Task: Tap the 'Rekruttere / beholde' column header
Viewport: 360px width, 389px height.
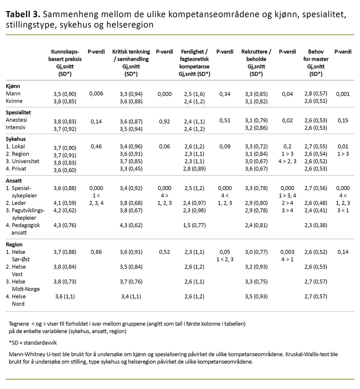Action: (x=256, y=59)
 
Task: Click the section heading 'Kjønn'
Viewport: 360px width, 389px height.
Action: (x=13, y=86)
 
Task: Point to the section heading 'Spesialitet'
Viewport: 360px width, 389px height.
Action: (x=19, y=113)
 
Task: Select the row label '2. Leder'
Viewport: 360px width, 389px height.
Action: (x=17, y=203)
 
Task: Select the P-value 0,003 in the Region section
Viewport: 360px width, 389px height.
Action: (x=287, y=251)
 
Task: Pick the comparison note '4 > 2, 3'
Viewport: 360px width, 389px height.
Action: (x=287, y=161)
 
